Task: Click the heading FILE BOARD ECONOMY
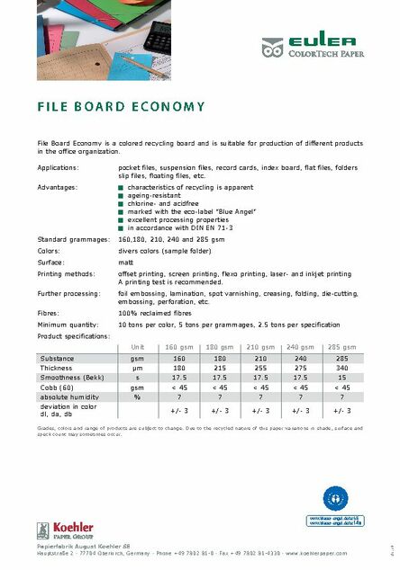(121, 107)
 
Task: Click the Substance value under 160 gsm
(179, 358)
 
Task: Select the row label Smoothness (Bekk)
(70, 378)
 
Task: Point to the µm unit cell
(137, 368)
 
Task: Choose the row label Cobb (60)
(56, 387)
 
